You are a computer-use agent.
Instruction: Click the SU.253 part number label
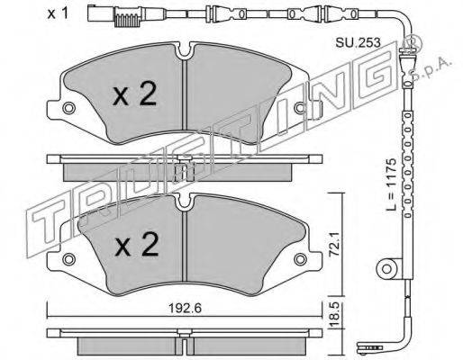(x=358, y=42)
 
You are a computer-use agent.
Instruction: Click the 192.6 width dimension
(x=185, y=308)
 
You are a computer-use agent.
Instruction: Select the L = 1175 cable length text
(x=392, y=184)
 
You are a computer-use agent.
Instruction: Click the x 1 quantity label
(x=58, y=13)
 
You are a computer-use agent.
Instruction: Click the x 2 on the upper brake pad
(x=135, y=94)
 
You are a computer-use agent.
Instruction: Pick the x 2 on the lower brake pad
(x=137, y=244)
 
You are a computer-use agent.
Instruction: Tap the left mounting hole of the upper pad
(x=69, y=108)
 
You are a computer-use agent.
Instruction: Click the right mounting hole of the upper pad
(x=300, y=108)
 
